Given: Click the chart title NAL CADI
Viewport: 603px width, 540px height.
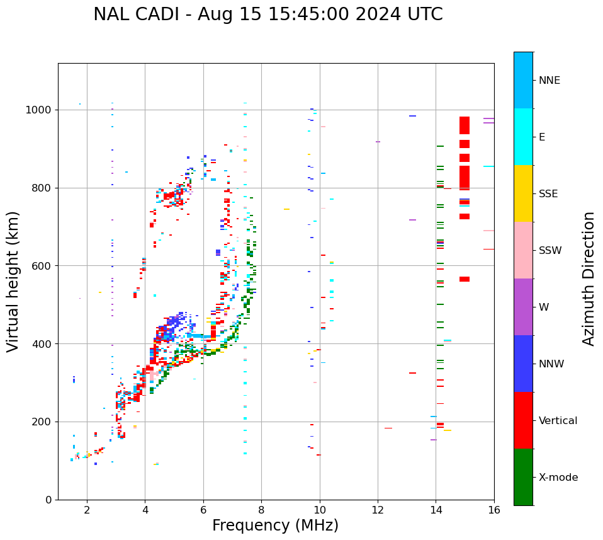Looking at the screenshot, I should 268,14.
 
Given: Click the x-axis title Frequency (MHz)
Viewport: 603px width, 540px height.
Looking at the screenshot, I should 275,526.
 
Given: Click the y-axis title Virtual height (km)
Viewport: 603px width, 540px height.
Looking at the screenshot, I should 13,281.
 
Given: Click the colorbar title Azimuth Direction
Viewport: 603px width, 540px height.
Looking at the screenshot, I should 589,279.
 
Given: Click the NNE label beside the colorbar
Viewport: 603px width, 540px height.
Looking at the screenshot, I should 549,81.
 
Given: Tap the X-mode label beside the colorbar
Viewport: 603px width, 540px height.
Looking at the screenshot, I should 558,478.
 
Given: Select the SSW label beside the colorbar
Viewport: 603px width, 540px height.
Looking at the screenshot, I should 550,251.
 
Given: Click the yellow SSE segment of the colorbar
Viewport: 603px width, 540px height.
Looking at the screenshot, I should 523,193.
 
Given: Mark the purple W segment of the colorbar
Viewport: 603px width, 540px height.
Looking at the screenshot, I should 523,307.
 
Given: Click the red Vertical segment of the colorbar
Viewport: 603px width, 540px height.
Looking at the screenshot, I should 523,420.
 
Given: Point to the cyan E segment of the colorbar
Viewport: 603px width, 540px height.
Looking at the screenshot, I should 523,137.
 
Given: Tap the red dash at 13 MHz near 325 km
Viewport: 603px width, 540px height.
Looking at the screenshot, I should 412,373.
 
